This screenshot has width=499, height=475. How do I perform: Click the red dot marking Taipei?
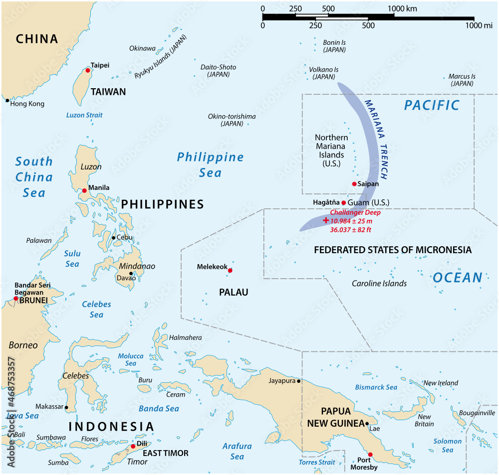[88, 71]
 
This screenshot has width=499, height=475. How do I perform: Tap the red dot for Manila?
[84, 190]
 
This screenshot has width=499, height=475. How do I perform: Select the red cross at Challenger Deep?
[326, 220]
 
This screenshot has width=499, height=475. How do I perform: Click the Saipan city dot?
[354, 184]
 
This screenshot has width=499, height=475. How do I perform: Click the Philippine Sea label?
[210, 164]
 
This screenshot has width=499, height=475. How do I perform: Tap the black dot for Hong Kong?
[7, 101]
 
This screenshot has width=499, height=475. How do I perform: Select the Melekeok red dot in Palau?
[230, 271]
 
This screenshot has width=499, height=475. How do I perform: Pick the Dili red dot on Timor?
[133, 447]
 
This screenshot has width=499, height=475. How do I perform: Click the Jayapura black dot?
[299, 381]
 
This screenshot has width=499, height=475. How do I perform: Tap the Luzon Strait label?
[84, 115]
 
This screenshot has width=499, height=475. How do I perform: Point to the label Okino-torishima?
[232, 120]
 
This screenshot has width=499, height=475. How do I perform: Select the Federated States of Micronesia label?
[392, 250]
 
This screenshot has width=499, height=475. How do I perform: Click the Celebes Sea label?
[96, 309]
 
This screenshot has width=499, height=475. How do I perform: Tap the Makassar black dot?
[67, 408]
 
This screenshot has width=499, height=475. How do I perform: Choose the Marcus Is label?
[462, 80]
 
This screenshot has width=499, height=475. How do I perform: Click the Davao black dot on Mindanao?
[131, 273]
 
